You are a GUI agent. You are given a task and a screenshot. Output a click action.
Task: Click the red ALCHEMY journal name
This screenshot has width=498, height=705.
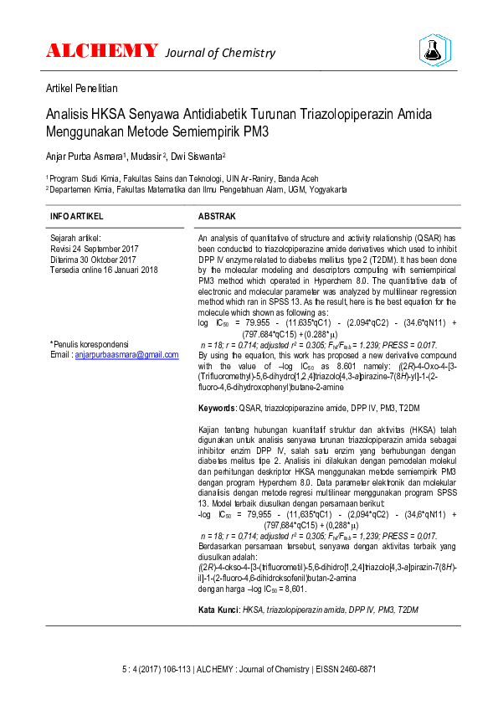101,51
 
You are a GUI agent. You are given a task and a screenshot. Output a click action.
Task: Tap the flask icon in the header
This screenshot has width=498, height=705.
434,50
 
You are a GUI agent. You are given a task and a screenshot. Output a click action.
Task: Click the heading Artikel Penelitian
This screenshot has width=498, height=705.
81,88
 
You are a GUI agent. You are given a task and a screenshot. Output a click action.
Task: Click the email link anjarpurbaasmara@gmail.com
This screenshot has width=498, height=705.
126,355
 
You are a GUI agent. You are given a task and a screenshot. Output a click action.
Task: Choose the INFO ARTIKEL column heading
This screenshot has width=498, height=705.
78,216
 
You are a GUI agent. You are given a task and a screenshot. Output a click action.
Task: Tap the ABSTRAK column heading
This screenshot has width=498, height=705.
217,216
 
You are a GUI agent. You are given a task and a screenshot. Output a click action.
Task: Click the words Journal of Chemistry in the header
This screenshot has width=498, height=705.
220,53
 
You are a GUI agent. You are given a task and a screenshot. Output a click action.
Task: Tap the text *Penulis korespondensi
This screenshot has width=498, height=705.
90,344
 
